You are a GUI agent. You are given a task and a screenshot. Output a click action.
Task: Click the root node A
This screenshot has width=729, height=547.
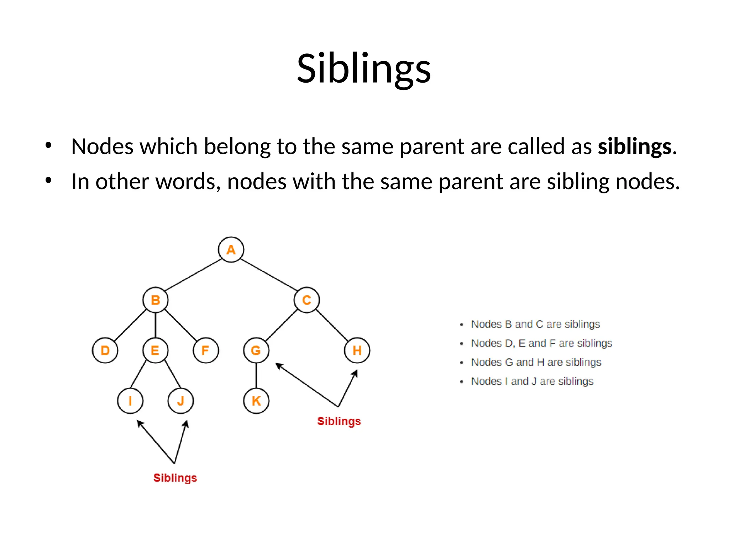click(x=231, y=250)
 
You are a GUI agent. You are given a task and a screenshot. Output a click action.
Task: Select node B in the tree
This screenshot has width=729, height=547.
click(x=156, y=300)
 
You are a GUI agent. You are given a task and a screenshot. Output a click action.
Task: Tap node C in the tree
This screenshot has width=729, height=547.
click(x=306, y=300)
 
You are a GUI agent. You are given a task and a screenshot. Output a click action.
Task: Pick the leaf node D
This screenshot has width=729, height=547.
click(x=105, y=350)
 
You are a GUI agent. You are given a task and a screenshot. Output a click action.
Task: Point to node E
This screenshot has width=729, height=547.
click(x=155, y=350)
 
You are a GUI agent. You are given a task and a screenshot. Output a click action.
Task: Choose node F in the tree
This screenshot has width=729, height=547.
click(x=206, y=350)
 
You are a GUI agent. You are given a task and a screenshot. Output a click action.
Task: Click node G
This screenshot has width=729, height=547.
click(x=256, y=350)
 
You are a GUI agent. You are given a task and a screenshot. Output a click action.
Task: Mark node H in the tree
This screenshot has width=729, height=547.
click(x=357, y=350)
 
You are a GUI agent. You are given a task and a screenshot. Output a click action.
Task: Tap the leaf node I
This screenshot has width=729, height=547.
click(x=130, y=401)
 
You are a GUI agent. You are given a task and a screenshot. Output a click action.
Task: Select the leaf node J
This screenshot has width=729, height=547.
click(x=181, y=401)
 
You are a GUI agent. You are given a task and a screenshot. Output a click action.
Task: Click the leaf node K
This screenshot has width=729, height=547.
click(x=256, y=401)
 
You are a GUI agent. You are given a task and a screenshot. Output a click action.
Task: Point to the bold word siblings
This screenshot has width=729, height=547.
click(x=634, y=146)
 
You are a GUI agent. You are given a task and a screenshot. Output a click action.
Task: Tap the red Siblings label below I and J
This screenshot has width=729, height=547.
click(x=175, y=478)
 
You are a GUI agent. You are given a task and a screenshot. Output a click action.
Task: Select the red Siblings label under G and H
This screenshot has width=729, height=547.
click(x=339, y=421)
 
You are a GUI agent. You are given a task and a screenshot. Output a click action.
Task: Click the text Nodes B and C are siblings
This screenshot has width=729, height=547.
click(x=535, y=324)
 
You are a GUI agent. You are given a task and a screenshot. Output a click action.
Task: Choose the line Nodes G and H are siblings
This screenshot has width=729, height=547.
click(x=536, y=362)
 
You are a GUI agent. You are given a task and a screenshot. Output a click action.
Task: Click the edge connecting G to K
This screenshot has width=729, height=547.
click(x=256, y=376)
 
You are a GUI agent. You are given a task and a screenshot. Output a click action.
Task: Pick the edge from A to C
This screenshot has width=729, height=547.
click(x=269, y=275)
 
